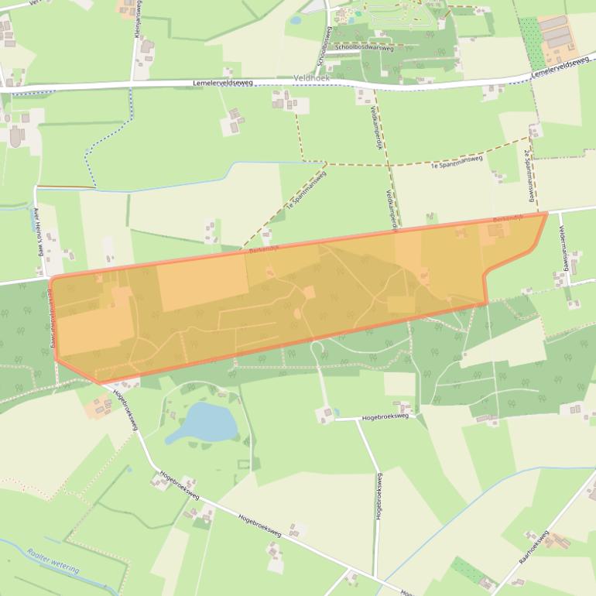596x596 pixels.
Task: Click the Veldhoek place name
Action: point(313,78)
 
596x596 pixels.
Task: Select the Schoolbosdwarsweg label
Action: point(365,47)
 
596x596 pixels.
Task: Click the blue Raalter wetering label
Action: point(53,561)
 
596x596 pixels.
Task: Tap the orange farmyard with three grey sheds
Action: point(559,38)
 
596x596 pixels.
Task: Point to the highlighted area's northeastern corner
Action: point(547,212)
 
